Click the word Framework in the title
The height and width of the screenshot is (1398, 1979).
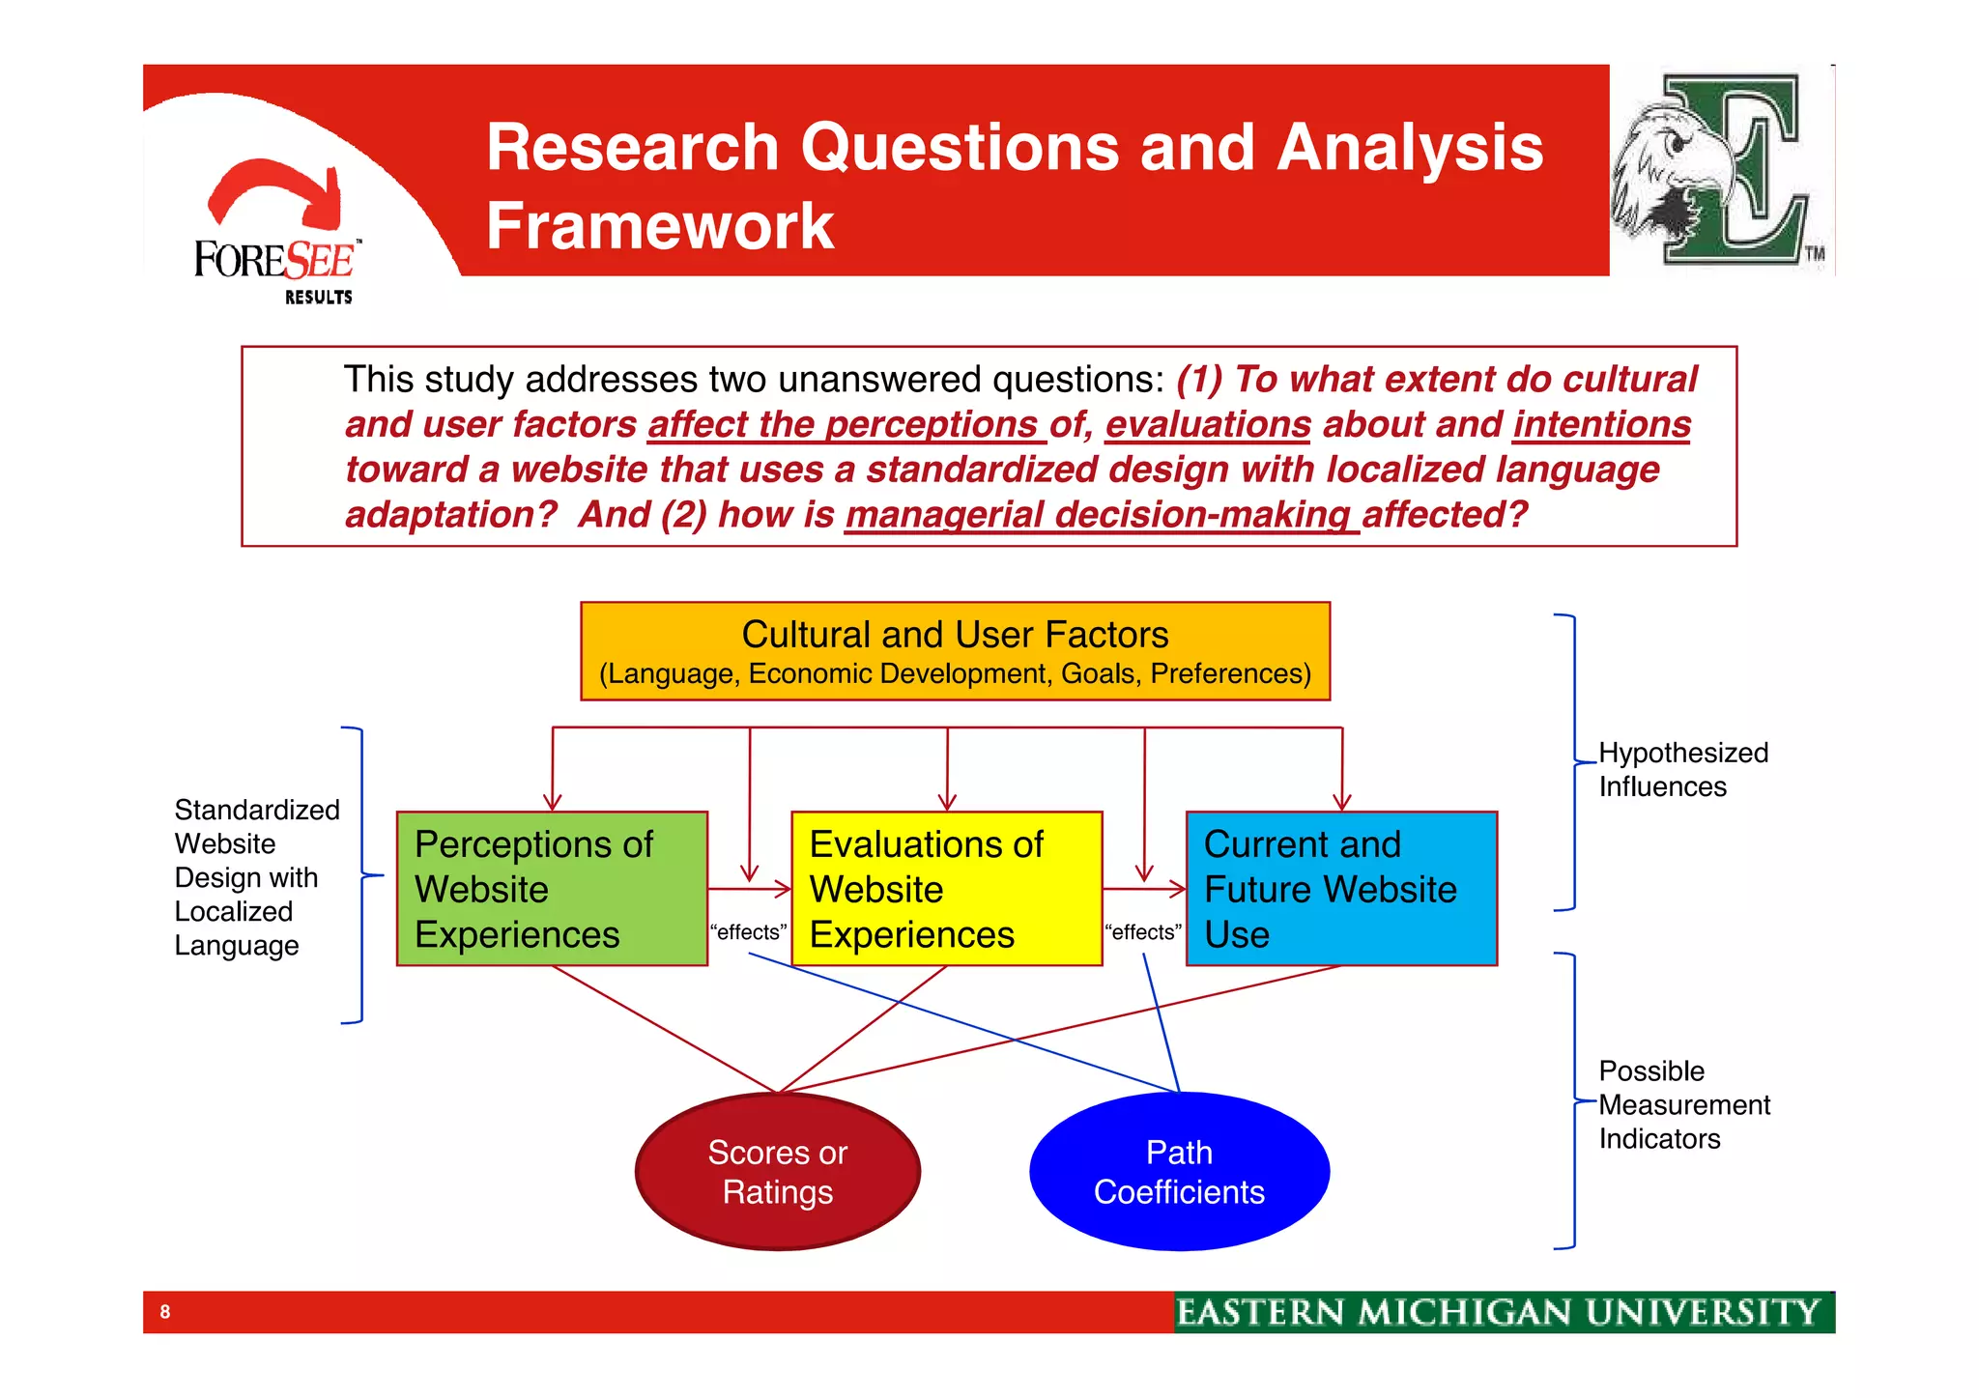659,226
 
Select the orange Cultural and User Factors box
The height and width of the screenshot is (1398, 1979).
955,651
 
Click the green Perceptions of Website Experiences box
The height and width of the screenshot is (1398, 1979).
552,888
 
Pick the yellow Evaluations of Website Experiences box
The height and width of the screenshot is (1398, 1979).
946,888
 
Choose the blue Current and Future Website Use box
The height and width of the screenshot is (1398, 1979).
1341,888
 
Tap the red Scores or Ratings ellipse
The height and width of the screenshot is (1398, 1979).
777,1171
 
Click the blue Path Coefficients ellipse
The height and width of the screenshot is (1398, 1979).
1179,1171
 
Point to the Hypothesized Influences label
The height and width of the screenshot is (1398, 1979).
1682,769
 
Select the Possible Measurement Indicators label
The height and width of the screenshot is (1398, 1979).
1682,1104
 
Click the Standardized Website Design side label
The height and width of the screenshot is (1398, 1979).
256,876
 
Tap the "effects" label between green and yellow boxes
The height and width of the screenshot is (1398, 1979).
748,932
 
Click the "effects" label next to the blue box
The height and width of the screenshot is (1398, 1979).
1143,932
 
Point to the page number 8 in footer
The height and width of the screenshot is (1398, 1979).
165,1312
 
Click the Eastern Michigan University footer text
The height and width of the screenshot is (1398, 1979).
1498,1312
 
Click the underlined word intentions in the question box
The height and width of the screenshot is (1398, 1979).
1601,425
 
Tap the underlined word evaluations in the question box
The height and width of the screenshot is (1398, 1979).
1207,425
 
